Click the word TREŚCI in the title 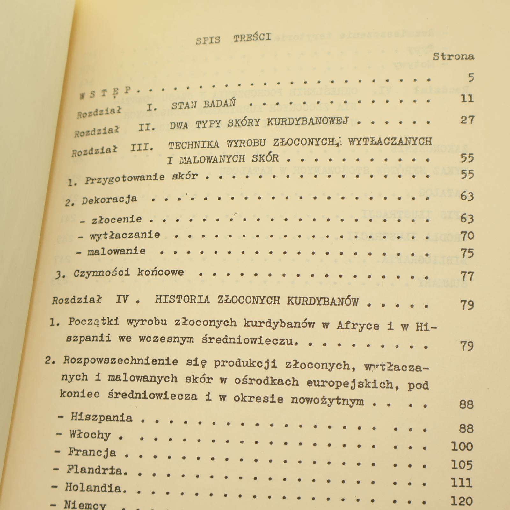[x=252, y=38]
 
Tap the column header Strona [x=454, y=56]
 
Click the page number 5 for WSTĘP [x=471, y=77]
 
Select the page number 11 [x=467, y=98]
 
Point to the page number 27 [x=468, y=120]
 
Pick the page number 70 [x=467, y=236]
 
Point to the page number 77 [x=467, y=276]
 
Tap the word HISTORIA [x=182, y=300]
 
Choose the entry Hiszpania [x=101, y=417]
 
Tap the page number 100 [x=462, y=447]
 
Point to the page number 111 [x=462, y=483]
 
